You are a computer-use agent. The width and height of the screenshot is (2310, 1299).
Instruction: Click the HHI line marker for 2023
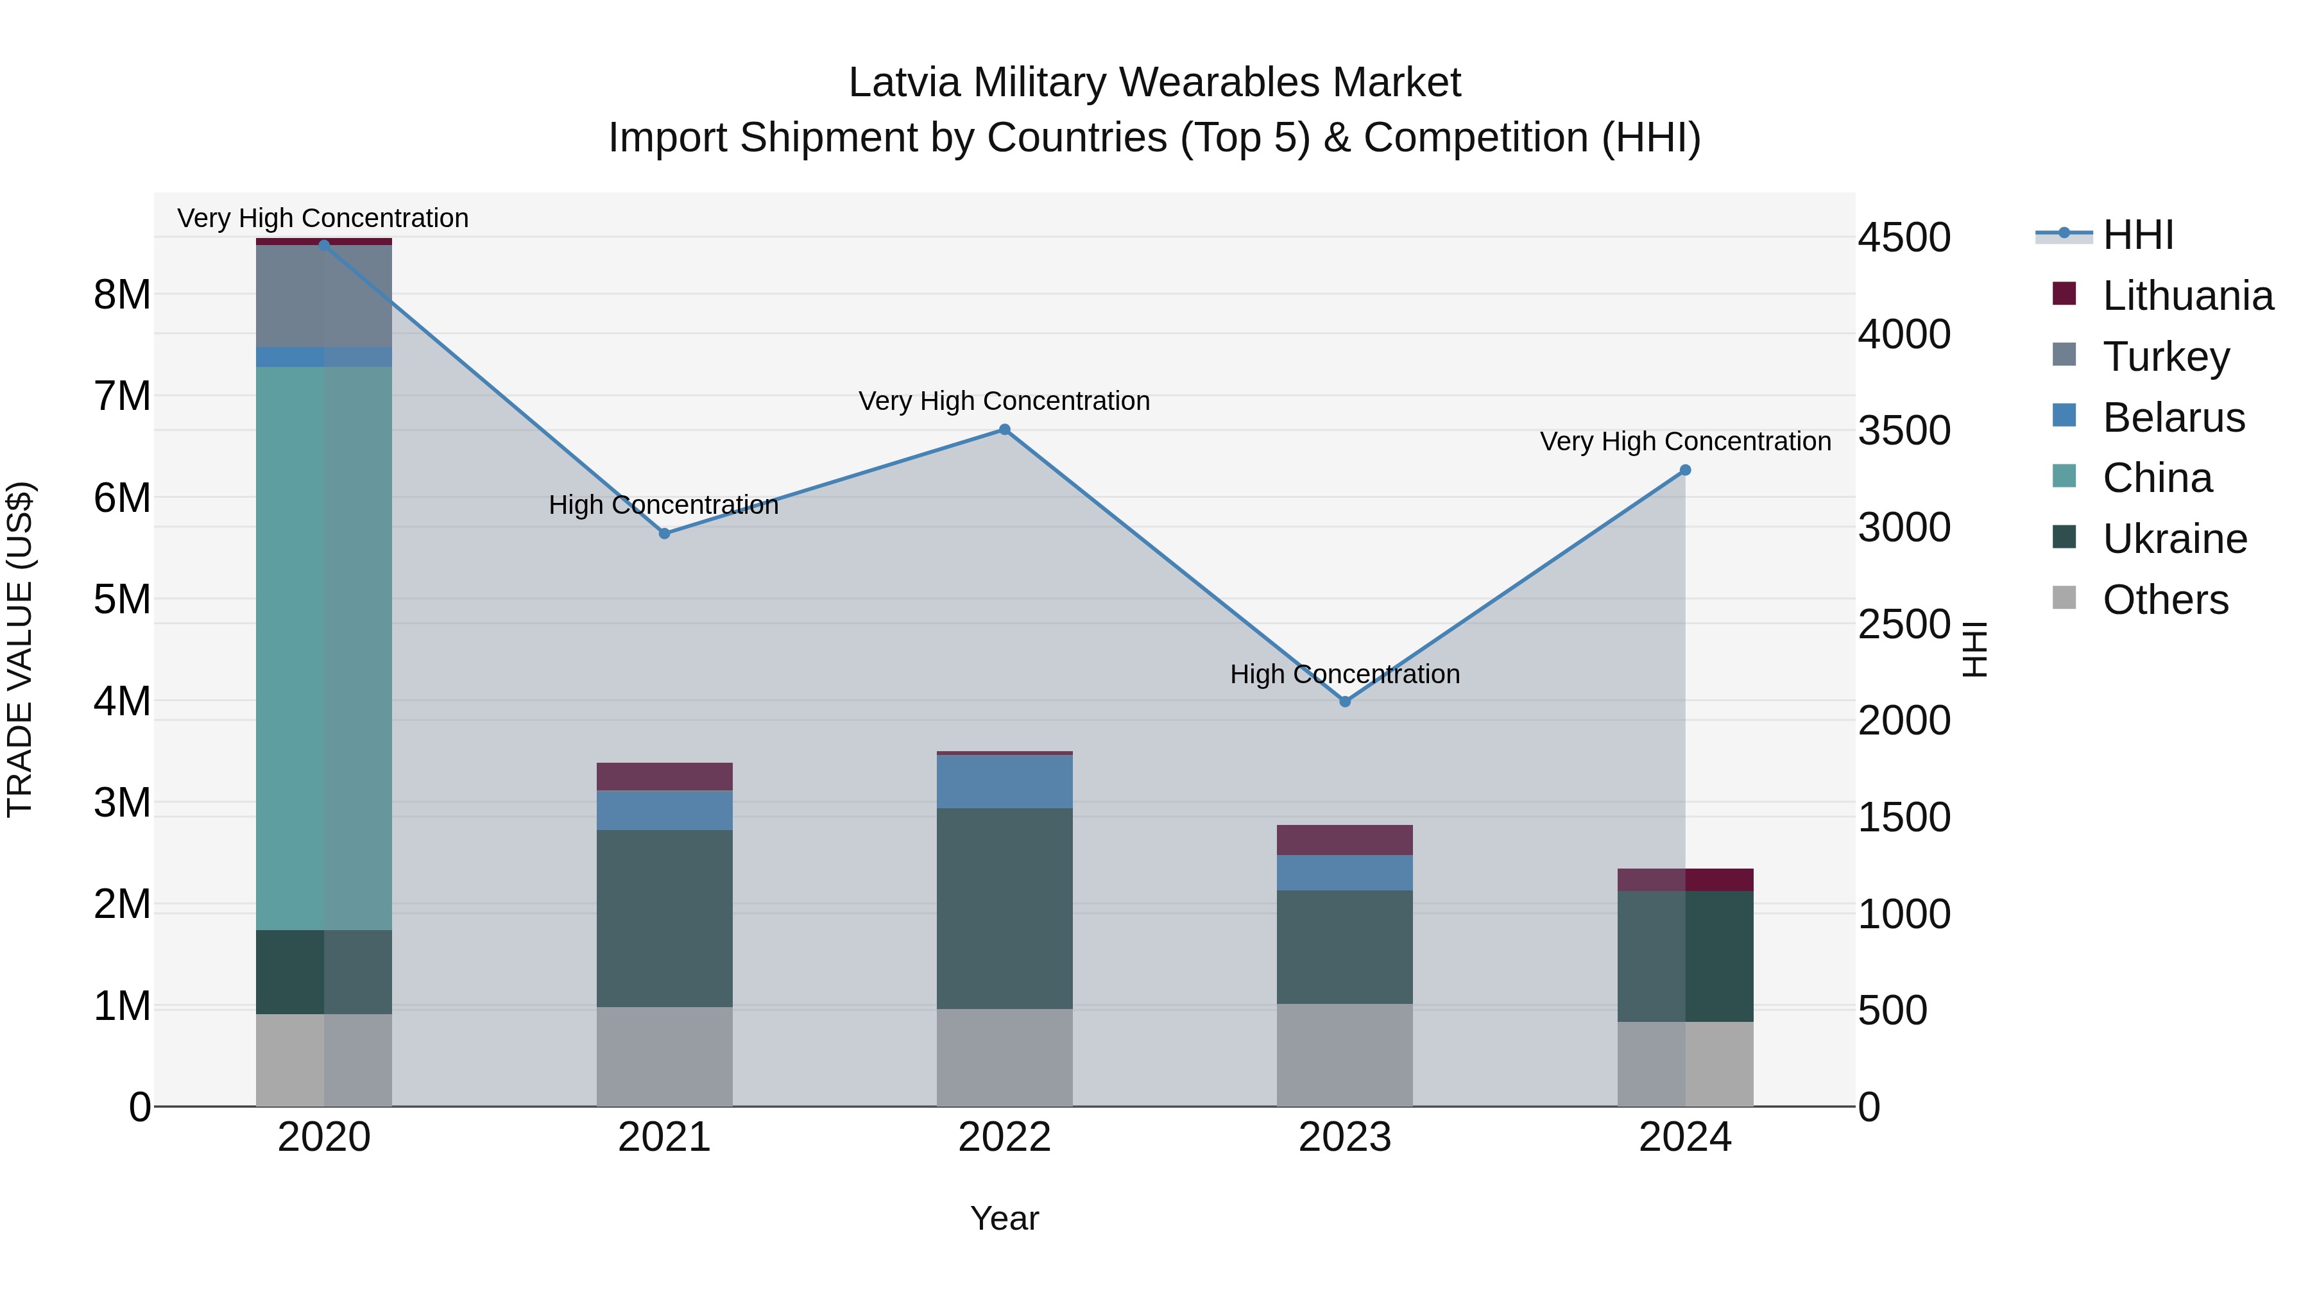click(x=1344, y=701)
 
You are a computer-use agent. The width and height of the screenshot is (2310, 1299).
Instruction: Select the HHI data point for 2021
click(x=665, y=534)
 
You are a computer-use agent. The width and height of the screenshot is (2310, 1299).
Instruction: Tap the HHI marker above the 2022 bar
click(x=1004, y=429)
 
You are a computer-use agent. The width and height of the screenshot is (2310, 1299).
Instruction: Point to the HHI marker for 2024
click(x=1685, y=470)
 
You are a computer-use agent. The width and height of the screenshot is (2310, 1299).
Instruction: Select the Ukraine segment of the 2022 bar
click(x=1004, y=908)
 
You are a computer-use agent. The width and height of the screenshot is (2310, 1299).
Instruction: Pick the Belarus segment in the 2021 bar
click(x=665, y=810)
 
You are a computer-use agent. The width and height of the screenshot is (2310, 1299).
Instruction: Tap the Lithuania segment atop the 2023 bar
click(x=1344, y=839)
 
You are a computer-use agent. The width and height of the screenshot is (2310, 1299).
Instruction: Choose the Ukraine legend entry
click(x=2174, y=539)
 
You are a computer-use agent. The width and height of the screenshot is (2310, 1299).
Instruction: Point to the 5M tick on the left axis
click(x=122, y=599)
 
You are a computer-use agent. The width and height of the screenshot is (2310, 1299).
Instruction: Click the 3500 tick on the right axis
click(x=1904, y=430)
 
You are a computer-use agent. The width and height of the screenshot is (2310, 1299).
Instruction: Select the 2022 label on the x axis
click(x=1004, y=1137)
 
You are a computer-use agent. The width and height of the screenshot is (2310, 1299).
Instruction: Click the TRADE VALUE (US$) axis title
click(x=20, y=649)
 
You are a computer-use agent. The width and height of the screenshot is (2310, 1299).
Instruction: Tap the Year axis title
click(x=1004, y=1218)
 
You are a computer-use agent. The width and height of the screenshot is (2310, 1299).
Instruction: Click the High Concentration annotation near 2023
click(x=1344, y=674)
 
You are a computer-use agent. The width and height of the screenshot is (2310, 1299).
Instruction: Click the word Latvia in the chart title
click(x=905, y=83)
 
